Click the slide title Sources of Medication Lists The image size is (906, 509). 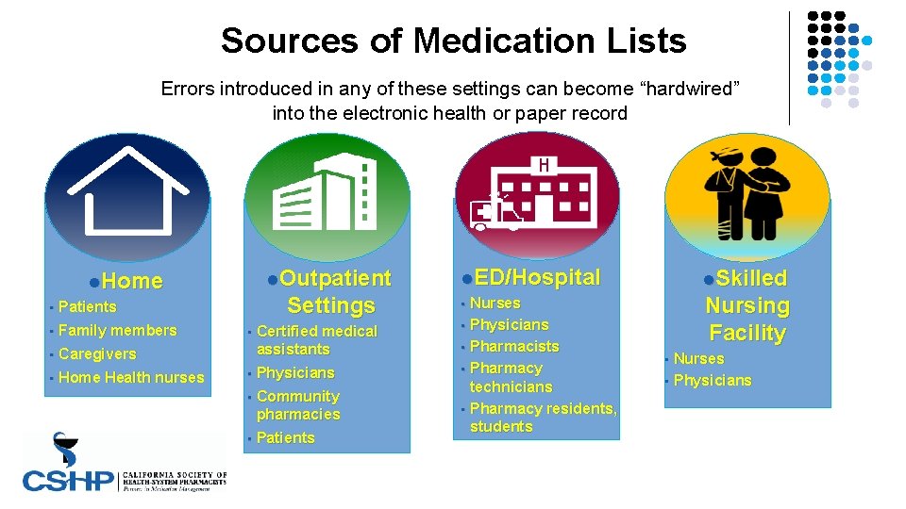[453, 41]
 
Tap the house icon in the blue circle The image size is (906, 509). [127, 193]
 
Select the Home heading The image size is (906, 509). [132, 281]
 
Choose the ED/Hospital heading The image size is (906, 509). [537, 277]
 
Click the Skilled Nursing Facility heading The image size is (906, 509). [747, 305]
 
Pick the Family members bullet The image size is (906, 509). [117, 330]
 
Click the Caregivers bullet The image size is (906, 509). [97, 353]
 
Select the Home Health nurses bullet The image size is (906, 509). [131, 377]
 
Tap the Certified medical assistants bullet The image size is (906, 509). [316, 340]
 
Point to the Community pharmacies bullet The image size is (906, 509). [298, 405]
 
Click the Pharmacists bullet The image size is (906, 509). [513, 346]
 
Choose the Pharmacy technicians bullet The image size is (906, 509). [511, 377]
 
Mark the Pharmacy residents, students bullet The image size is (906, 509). [542, 418]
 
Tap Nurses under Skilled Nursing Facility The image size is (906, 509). [698, 358]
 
